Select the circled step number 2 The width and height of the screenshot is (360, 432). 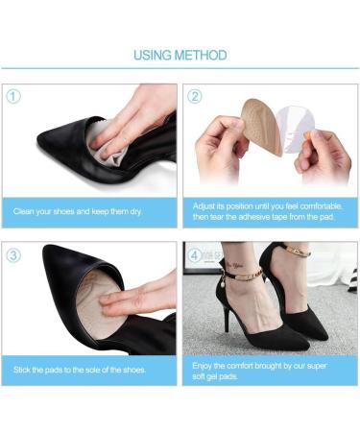tap(195, 96)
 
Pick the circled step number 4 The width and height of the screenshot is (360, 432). tap(195, 255)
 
